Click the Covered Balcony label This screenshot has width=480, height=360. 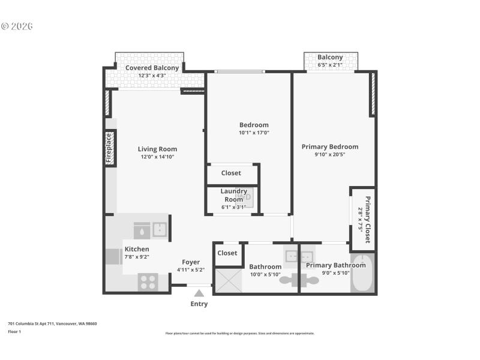pos(151,68)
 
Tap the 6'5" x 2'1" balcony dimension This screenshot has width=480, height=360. pos(330,65)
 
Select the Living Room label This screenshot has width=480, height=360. pos(157,149)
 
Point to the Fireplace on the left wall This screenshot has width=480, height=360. pos(109,148)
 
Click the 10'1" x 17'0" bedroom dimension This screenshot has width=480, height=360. pos(254,133)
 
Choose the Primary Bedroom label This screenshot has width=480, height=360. pos(329,146)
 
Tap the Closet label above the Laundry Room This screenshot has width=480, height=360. pos(231,173)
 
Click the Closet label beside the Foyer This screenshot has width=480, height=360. pos(227,253)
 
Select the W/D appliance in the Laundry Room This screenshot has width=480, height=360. pos(244,197)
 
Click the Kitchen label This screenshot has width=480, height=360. pos(137,249)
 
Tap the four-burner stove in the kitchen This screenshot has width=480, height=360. pos(148,281)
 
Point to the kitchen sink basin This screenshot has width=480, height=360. pos(160,229)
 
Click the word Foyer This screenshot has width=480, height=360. pos(191,262)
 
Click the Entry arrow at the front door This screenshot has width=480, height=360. pos(199,293)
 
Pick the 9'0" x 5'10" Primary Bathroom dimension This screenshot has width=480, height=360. pos(327,274)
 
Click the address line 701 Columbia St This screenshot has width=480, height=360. pos(52,323)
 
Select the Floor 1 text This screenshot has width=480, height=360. pos(14,331)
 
